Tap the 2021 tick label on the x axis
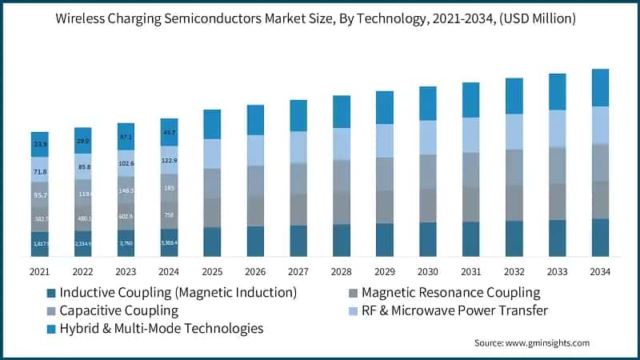[39, 272]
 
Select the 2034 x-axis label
[601, 272]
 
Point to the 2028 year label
[342, 272]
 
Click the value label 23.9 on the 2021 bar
[39, 144]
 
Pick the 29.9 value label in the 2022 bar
[82, 141]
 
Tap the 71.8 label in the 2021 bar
[39, 172]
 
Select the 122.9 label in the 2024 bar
[169, 161]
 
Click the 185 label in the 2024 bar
[169, 188]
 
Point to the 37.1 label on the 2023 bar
[126, 137]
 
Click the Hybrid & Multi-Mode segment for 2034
[601, 87]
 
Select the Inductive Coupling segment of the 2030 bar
[428, 239]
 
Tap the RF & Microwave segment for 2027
[298, 147]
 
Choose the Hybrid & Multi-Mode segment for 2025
[212, 124]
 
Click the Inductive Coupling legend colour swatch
[51, 293]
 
